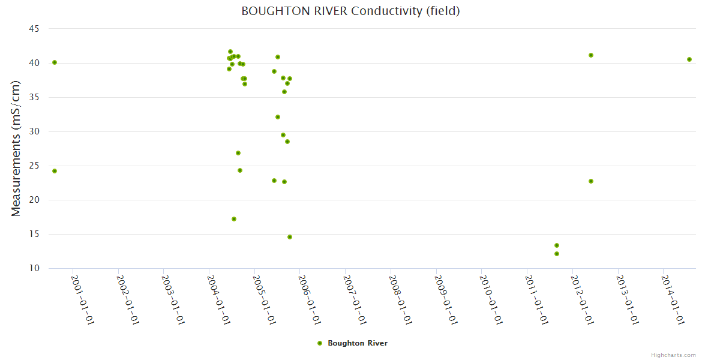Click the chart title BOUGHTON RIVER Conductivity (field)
[x=350, y=11]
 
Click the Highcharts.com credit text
[x=673, y=355]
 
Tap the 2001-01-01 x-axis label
[x=82, y=299]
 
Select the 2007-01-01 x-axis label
[x=355, y=299]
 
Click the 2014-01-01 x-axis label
[x=673, y=299]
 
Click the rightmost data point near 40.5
[x=689, y=59]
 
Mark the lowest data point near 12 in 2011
[x=557, y=254]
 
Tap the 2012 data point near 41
[x=591, y=55]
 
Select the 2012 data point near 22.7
[x=591, y=181]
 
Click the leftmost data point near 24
[x=55, y=171]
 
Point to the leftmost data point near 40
[x=55, y=62]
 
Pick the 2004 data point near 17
[x=234, y=219]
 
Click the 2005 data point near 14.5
[x=290, y=237]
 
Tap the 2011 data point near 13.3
[x=557, y=245]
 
